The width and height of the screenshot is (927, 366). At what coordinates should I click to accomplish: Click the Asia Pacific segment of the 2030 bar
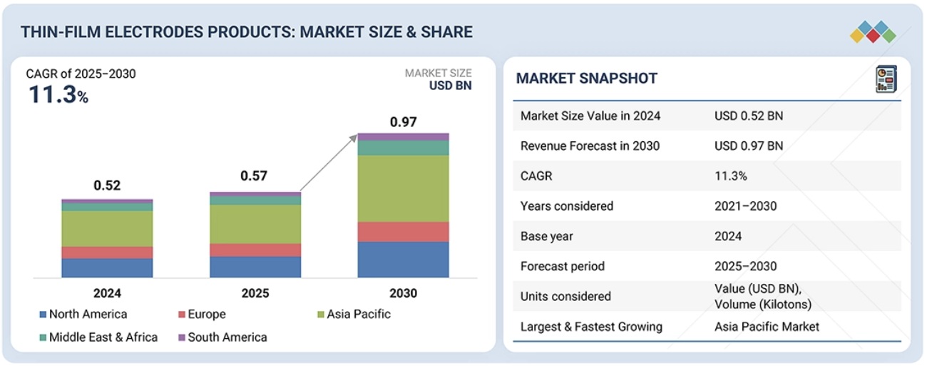pyautogui.click(x=403, y=188)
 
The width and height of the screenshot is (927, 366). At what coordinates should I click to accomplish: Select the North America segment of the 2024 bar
pyautogui.click(x=107, y=268)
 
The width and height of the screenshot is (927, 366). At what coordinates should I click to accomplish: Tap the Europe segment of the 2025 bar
pyautogui.click(x=255, y=250)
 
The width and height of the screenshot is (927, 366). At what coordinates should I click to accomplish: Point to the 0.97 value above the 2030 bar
pyautogui.click(x=403, y=122)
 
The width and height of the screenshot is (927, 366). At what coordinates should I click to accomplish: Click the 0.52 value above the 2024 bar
pyautogui.click(x=107, y=185)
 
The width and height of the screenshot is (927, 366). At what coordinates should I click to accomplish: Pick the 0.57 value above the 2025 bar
pyautogui.click(x=255, y=176)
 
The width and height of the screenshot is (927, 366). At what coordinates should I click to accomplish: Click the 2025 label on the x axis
pyautogui.click(x=255, y=293)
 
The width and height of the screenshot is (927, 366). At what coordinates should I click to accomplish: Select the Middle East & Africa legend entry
pyautogui.click(x=103, y=337)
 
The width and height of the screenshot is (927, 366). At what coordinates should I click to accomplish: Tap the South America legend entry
pyautogui.click(x=227, y=337)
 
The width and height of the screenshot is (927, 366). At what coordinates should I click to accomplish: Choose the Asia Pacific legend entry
pyautogui.click(x=358, y=314)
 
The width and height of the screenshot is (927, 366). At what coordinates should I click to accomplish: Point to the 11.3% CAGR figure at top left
pyautogui.click(x=58, y=96)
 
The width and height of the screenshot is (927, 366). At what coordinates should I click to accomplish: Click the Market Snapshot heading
pyautogui.click(x=586, y=78)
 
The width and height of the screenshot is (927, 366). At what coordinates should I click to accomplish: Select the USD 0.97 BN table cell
pyautogui.click(x=748, y=146)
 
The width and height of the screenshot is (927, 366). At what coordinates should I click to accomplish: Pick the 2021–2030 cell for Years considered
pyautogui.click(x=745, y=206)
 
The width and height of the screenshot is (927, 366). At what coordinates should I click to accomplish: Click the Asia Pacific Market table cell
pyautogui.click(x=767, y=327)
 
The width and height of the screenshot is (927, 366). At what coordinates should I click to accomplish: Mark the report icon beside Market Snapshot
pyautogui.click(x=886, y=79)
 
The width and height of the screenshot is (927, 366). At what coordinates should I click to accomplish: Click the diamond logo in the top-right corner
pyautogui.click(x=873, y=31)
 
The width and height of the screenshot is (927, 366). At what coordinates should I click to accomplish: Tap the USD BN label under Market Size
pyautogui.click(x=450, y=86)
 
